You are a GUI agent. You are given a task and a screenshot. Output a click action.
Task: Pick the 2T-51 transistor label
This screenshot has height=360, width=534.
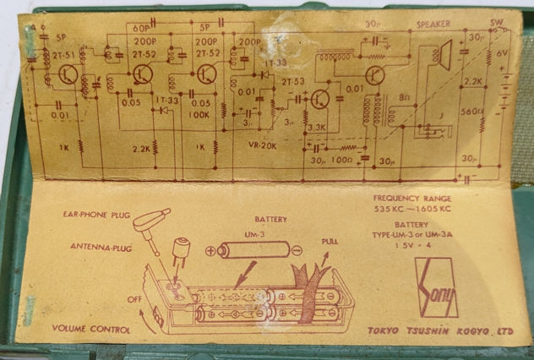click(x=64, y=52)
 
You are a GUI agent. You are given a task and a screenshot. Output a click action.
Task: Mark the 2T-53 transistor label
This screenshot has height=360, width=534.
click(x=293, y=81)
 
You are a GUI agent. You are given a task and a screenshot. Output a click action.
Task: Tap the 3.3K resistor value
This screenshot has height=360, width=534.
click(x=317, y=128)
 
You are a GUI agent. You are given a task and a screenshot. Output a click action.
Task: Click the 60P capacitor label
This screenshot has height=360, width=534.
click(x=141, y=27)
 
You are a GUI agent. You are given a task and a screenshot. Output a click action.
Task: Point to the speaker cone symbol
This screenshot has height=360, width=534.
click(x=439, y=57)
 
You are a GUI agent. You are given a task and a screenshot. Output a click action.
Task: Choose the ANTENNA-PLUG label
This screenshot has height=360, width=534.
click(x=101, y=247)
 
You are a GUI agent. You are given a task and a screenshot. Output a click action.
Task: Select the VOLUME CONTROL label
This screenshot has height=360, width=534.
click(x=90, y=328)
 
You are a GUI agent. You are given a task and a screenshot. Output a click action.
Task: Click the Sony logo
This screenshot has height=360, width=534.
click(x=436, y=287)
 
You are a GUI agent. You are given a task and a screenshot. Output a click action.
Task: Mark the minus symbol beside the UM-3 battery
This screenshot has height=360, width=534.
click(x=297, y=249)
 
